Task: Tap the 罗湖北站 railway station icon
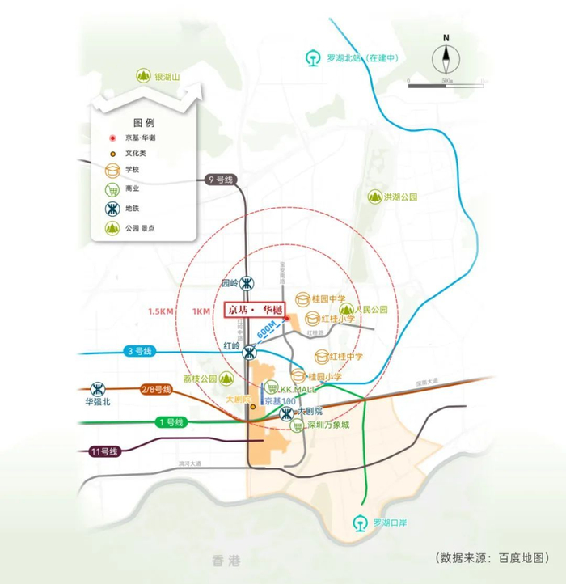coord(312,58)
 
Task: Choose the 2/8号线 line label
coord(157,390)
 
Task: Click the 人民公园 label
coord(371,309)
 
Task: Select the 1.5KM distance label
coord(163,311)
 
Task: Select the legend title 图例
coord(143,123)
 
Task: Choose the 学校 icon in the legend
coord(110,170)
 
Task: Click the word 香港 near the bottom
coord(222,560)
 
